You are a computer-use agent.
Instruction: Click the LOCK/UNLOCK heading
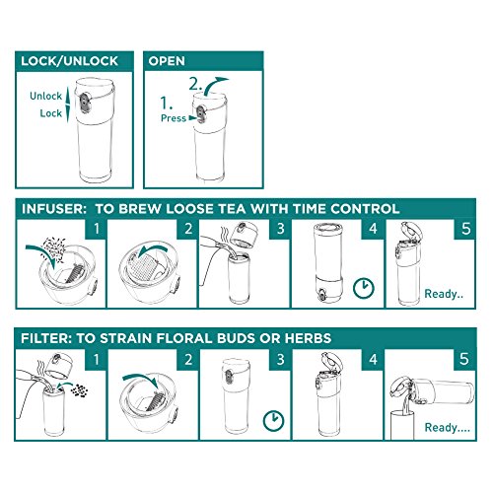(69, 61)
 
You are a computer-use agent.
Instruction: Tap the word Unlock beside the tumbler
(45, 96)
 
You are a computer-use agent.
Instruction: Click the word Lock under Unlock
(51, 113)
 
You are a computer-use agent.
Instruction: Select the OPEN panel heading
(167, 61)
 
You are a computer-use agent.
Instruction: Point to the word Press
(174, 118)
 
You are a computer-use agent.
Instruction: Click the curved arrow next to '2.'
(214, 85)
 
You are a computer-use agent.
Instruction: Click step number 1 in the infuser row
(97, 229)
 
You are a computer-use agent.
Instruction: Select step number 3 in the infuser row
(280, 229)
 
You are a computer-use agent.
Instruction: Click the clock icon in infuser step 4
(364, 288)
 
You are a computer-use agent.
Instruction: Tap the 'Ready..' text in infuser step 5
(444, 294)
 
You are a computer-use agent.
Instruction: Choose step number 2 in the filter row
(188, 359)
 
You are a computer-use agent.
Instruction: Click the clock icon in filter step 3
(274, 420)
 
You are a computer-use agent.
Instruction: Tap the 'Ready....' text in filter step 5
(448, 427)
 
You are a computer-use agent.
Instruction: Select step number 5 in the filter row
(463, 359)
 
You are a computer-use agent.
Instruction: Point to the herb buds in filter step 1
(79, 390)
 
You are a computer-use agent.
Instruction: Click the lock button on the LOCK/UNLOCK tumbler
(85, 103)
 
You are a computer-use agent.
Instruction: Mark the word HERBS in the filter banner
(308, 338)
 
